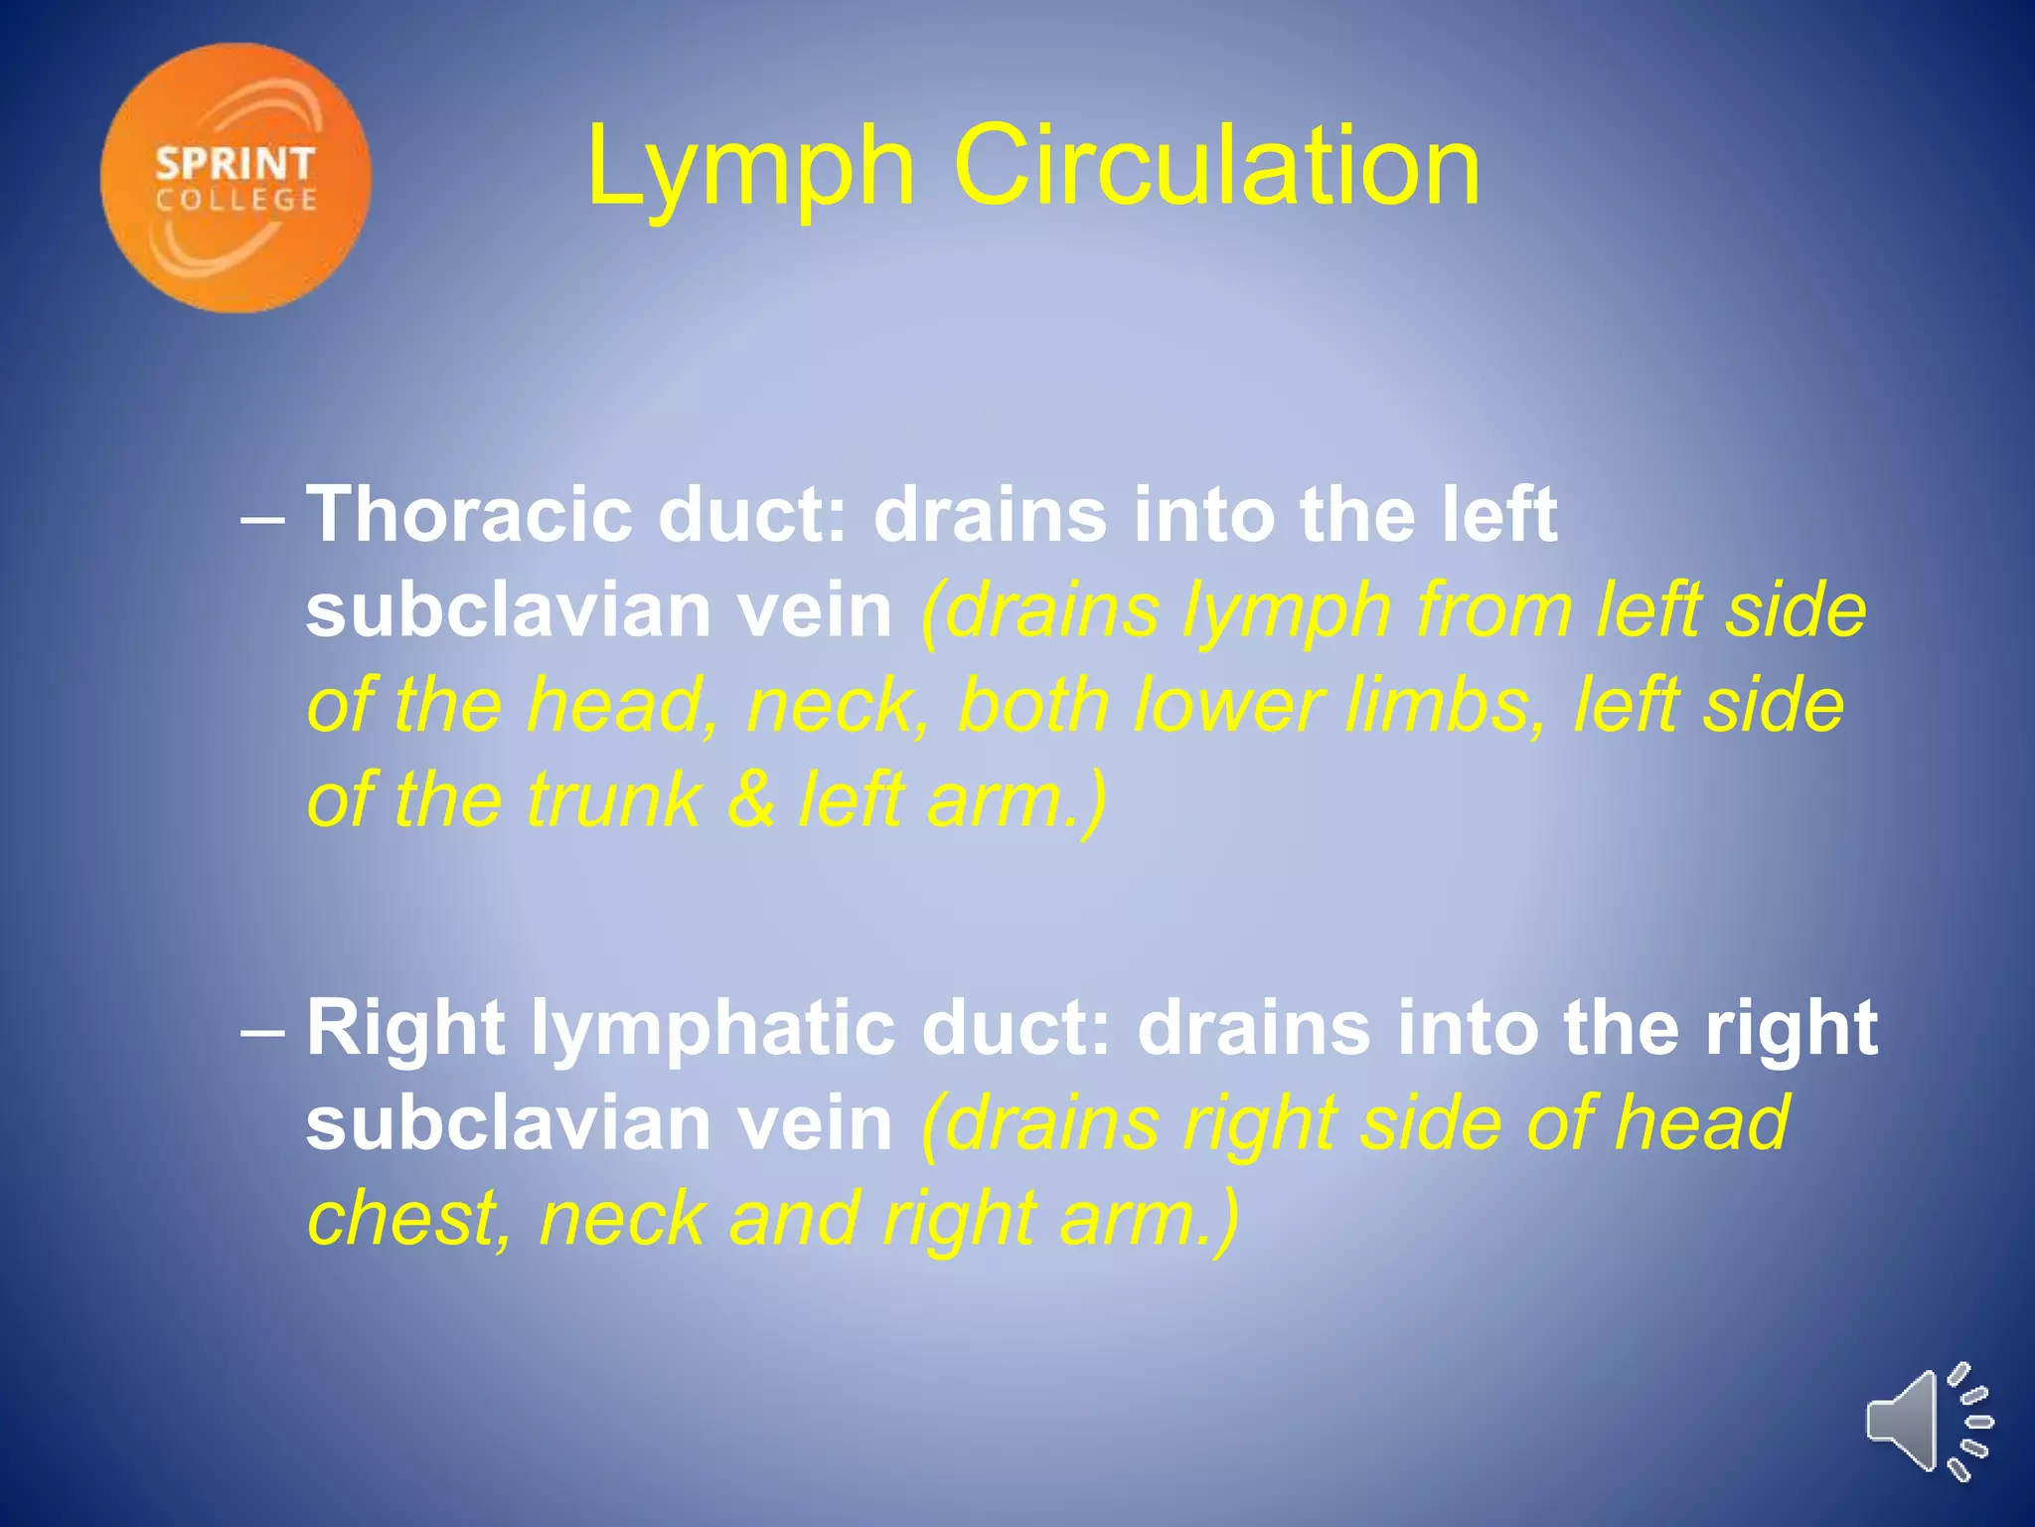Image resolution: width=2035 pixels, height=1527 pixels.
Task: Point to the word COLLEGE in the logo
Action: pyautogui.click(x=236, y=200)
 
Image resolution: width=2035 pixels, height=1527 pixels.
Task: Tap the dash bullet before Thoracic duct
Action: pyautogui.click(x=263, y=519)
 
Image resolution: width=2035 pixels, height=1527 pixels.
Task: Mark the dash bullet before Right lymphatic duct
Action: pyautogui.click(x=263, y=1032)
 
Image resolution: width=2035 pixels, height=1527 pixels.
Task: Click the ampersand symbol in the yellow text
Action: pyautogui.click(x=751, y=799)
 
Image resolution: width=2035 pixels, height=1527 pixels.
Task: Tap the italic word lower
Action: pyautogui.click(x=1227, y=705)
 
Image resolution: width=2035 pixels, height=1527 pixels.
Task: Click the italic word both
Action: pyautogui.click(x=1033, y=705)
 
